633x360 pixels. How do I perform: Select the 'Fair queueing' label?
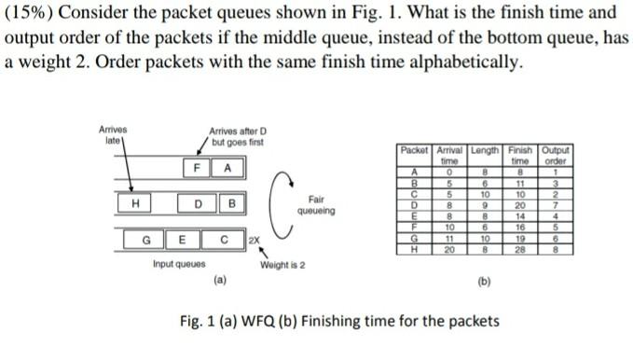(x=311, y=205)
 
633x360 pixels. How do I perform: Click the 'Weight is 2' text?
(x=284, y=265)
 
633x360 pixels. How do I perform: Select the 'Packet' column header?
(x=413, y=150)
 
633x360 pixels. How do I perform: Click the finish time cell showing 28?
(x=525, y=250)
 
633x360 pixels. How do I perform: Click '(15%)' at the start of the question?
(x=31, y=13)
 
